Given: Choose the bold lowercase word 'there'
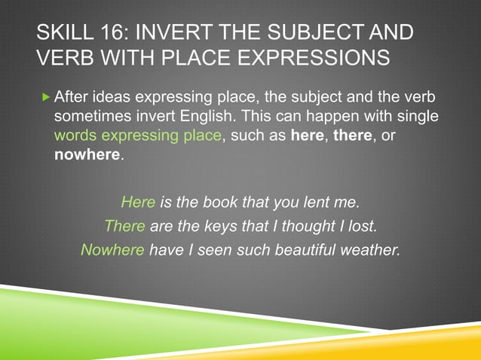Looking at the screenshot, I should tap(353, 136).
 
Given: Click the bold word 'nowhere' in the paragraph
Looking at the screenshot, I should tap(87, 156).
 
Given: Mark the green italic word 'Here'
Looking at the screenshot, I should tap(138, 202).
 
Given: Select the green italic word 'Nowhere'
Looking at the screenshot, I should tap(112, 249).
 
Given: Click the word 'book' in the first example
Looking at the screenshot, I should tap(219, 202).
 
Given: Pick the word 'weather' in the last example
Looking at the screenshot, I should tap(372, 249).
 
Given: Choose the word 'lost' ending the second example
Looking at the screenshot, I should tap(362, 225).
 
